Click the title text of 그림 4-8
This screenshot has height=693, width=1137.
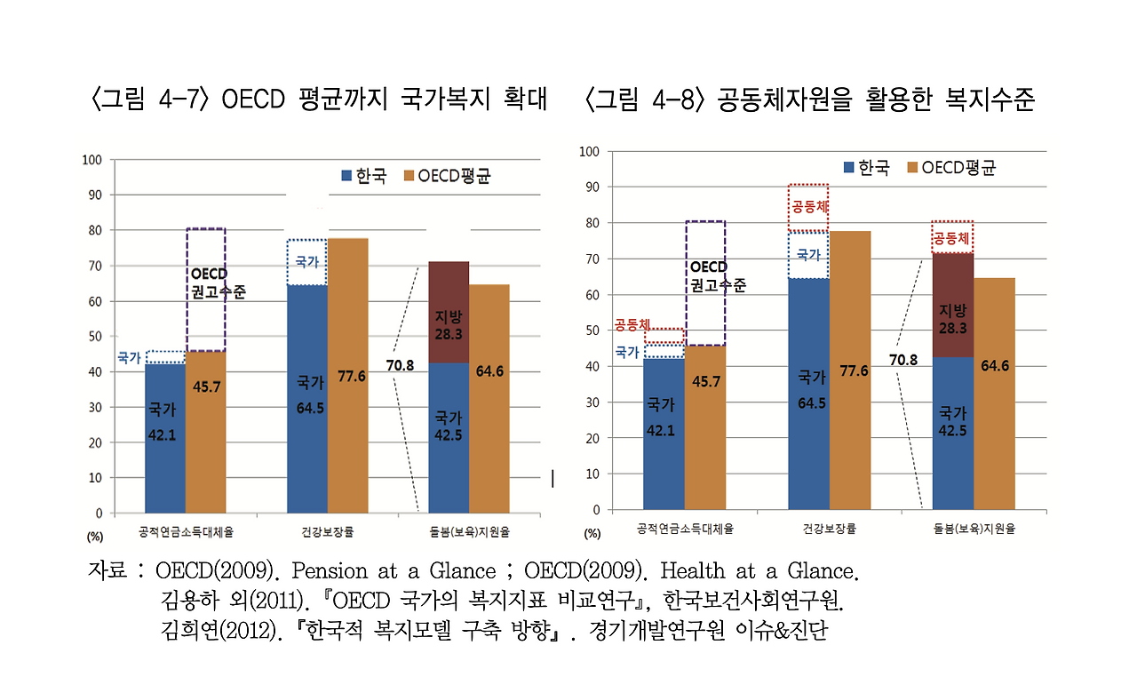tap(809, 99)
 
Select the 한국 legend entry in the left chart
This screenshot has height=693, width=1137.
tap(364, 176)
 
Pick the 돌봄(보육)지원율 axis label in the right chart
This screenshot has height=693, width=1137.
tap(974, 529)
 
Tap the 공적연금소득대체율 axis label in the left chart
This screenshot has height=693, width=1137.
tap(187, 532)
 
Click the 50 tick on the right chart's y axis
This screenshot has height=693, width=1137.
tap(592, 331)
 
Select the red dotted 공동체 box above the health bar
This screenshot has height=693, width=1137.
tap(809, 208)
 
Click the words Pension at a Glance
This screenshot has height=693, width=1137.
tap(394, 570)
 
